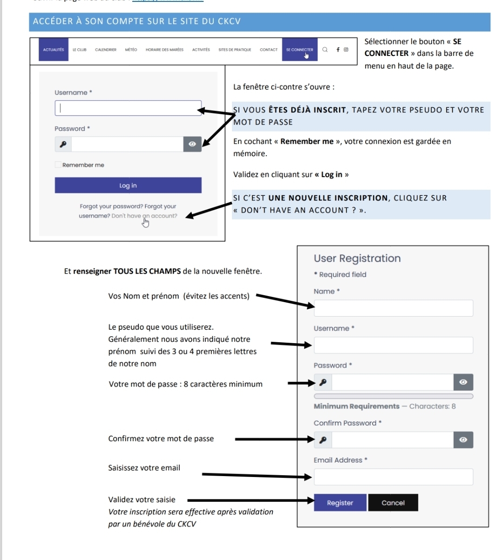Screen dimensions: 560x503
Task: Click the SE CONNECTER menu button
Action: pyautogui.click(x=299, y=50)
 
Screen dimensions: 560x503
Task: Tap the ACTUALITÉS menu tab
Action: pyautogui.click(x=54, y=50)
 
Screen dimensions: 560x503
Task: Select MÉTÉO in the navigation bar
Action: pyautogui.click(x=131, y=50)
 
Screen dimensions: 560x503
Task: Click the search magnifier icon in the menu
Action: pyautogui.click(x=325, y=49)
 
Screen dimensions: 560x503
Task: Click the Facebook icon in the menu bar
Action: pyautogui.click(x=338, y=49)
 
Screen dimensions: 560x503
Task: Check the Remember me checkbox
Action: pyautogui.click(x=58, y=165)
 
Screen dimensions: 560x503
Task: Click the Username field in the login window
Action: pyautogui.click(x=128, y=108)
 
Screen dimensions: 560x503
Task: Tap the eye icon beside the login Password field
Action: pyautogui.click(x=192, y=144)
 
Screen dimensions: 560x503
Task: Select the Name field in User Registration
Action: pyautogui.click(x=394, y=308)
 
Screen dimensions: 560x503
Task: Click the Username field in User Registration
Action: pyautogui.click(x=394, y=345)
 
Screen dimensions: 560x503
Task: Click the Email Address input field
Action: pyautogui.click(x=394, y=477)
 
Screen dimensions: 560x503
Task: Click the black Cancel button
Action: pyautogui.click(x=393, y=503)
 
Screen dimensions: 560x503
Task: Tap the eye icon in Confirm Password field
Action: pyautogui.click(x=463, y=440)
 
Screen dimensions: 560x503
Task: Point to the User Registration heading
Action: pyautogui.click(x=357, y=258)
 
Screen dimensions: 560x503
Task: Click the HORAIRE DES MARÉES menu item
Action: pyautogui.click(x=164, y=50)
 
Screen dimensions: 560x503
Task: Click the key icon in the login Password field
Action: pyautogui.click(x=63, y=144)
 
